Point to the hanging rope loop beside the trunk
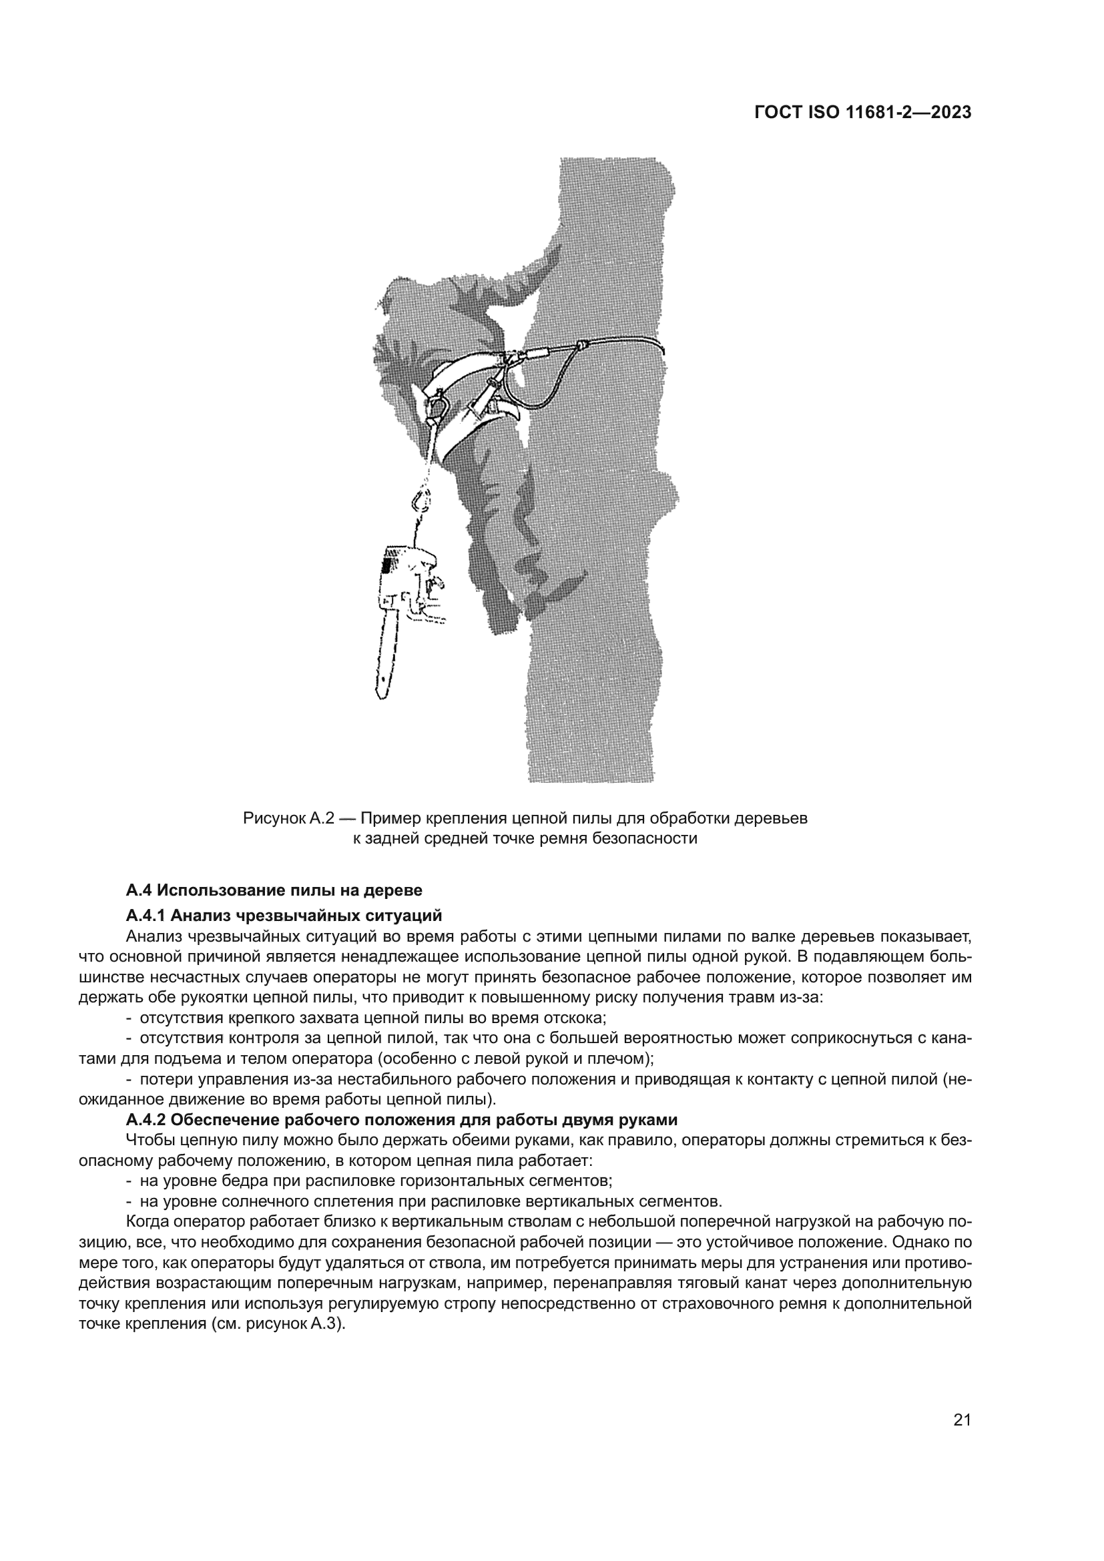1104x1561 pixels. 537,388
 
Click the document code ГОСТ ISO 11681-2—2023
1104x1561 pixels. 862,113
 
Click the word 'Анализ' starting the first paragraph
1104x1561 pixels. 150,937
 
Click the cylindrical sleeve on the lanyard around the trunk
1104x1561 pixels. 541,354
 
